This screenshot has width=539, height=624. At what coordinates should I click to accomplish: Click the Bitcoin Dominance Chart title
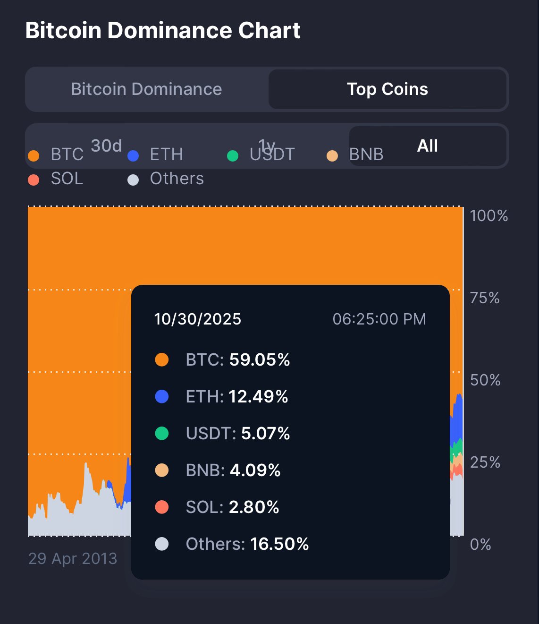click(163, 31)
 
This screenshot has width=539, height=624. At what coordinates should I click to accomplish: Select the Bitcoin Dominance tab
click(146, 89)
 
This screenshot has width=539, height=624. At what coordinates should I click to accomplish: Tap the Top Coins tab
click(387, 89)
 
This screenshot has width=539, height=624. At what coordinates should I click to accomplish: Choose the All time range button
click(427, 146)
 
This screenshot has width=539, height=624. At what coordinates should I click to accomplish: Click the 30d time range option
click(106, 146)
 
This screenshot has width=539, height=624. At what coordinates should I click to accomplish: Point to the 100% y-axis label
click(489, 216)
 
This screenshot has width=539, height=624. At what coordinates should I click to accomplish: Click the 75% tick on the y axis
click(485, 298)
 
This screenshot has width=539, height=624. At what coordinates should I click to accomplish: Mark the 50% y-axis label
click(485, 380)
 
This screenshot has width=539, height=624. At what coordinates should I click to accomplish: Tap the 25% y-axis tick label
click(485, 462)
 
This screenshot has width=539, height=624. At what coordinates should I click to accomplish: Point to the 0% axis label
click(480, 545)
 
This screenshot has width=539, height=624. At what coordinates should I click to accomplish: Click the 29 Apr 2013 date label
click(73, 559)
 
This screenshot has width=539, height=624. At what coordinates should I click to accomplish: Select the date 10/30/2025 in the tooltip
click(198, 319)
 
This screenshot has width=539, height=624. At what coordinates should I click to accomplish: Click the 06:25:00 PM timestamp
click(379, 319)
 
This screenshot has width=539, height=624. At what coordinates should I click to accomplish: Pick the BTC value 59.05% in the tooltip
click(260, 360)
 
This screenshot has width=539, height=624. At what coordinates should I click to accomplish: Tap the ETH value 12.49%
click(258, 397)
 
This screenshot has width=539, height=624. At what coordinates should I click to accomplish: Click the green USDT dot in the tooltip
click(162, 433)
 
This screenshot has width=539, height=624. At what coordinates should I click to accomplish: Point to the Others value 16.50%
click(279, 544)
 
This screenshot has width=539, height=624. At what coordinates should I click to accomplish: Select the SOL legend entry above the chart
click(67, 179)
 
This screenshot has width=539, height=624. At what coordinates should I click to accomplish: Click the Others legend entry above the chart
click(177, 179)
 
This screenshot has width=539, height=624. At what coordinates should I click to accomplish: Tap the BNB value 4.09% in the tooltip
click(255, 470)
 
